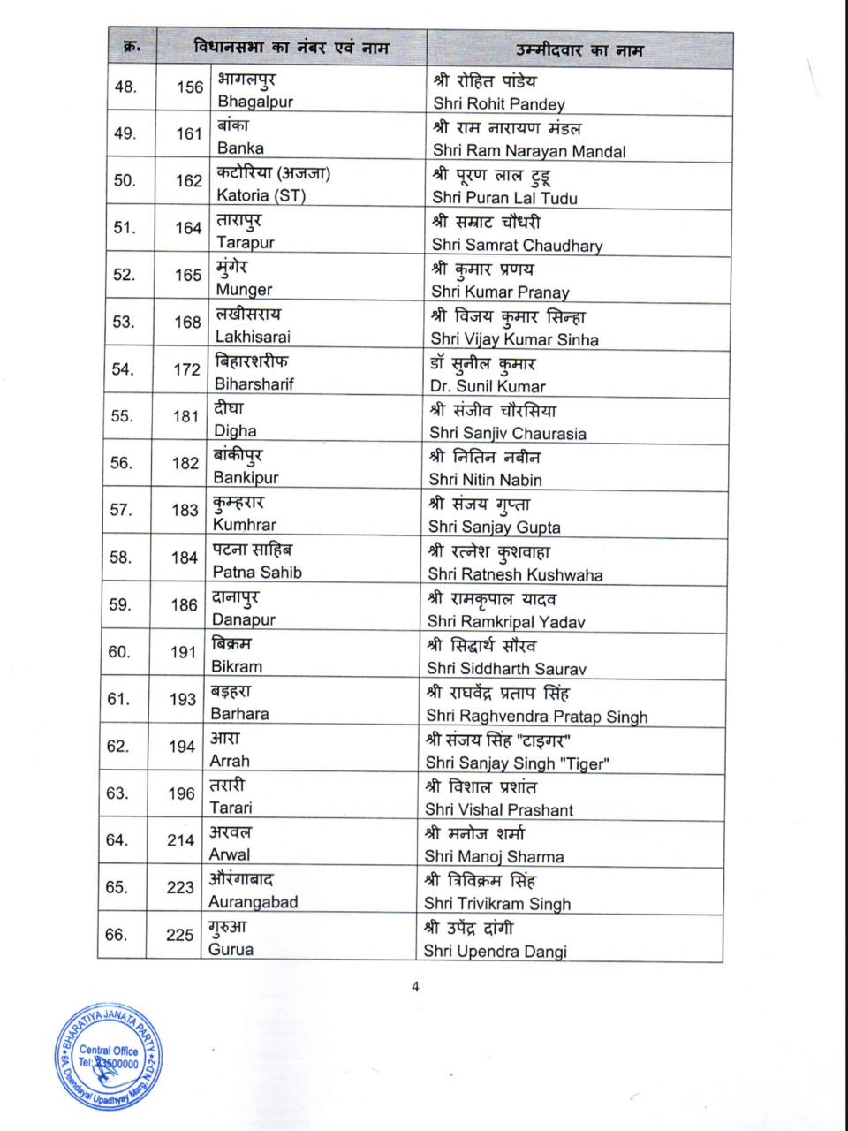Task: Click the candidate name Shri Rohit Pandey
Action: click(499, 103)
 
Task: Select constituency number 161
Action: click(189, 133)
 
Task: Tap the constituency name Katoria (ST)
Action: click(261, 195)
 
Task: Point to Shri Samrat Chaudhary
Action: click(517, 245)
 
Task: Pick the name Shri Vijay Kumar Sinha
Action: click(514, 339)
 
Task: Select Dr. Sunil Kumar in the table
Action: click(488, 386)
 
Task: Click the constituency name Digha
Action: click(235, 431)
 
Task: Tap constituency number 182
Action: click(185, 463)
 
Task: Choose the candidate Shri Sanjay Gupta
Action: click(495, 527)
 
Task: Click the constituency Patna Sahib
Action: click(256, 573)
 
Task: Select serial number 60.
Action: click(118, 652)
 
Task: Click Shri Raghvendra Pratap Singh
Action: click(536, 717)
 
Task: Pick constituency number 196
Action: click(182, 793)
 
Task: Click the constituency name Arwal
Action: click(229, 855)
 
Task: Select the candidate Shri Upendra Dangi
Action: click(495, 952)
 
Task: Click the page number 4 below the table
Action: click(415, 987)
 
